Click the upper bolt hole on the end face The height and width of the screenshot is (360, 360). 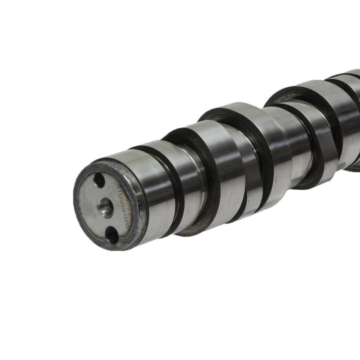[x=99, y=180]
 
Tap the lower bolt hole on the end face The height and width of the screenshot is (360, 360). [x=111, y=235]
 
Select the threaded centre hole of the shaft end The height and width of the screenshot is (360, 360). [x=106, y=207]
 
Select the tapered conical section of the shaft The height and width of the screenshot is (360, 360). [x=288, y=148]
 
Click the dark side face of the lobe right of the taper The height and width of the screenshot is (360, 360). [x=310, y=148]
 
